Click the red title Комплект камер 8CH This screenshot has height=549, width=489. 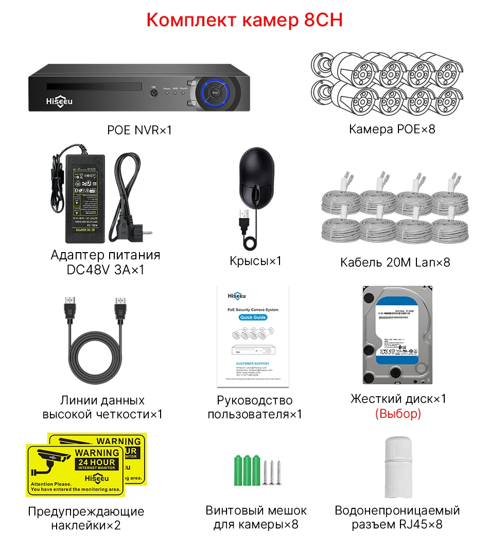tap(244, 20)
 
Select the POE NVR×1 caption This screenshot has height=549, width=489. tap(139, 130)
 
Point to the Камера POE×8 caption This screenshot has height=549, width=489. tap(392, 129)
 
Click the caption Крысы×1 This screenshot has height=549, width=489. tap(256, 261)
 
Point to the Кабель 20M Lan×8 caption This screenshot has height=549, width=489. tap(395, 262)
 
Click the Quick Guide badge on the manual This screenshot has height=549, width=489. tap(252, 317)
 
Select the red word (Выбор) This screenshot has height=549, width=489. tap(398, 413)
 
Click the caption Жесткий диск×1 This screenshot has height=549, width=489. tap(398, 399)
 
